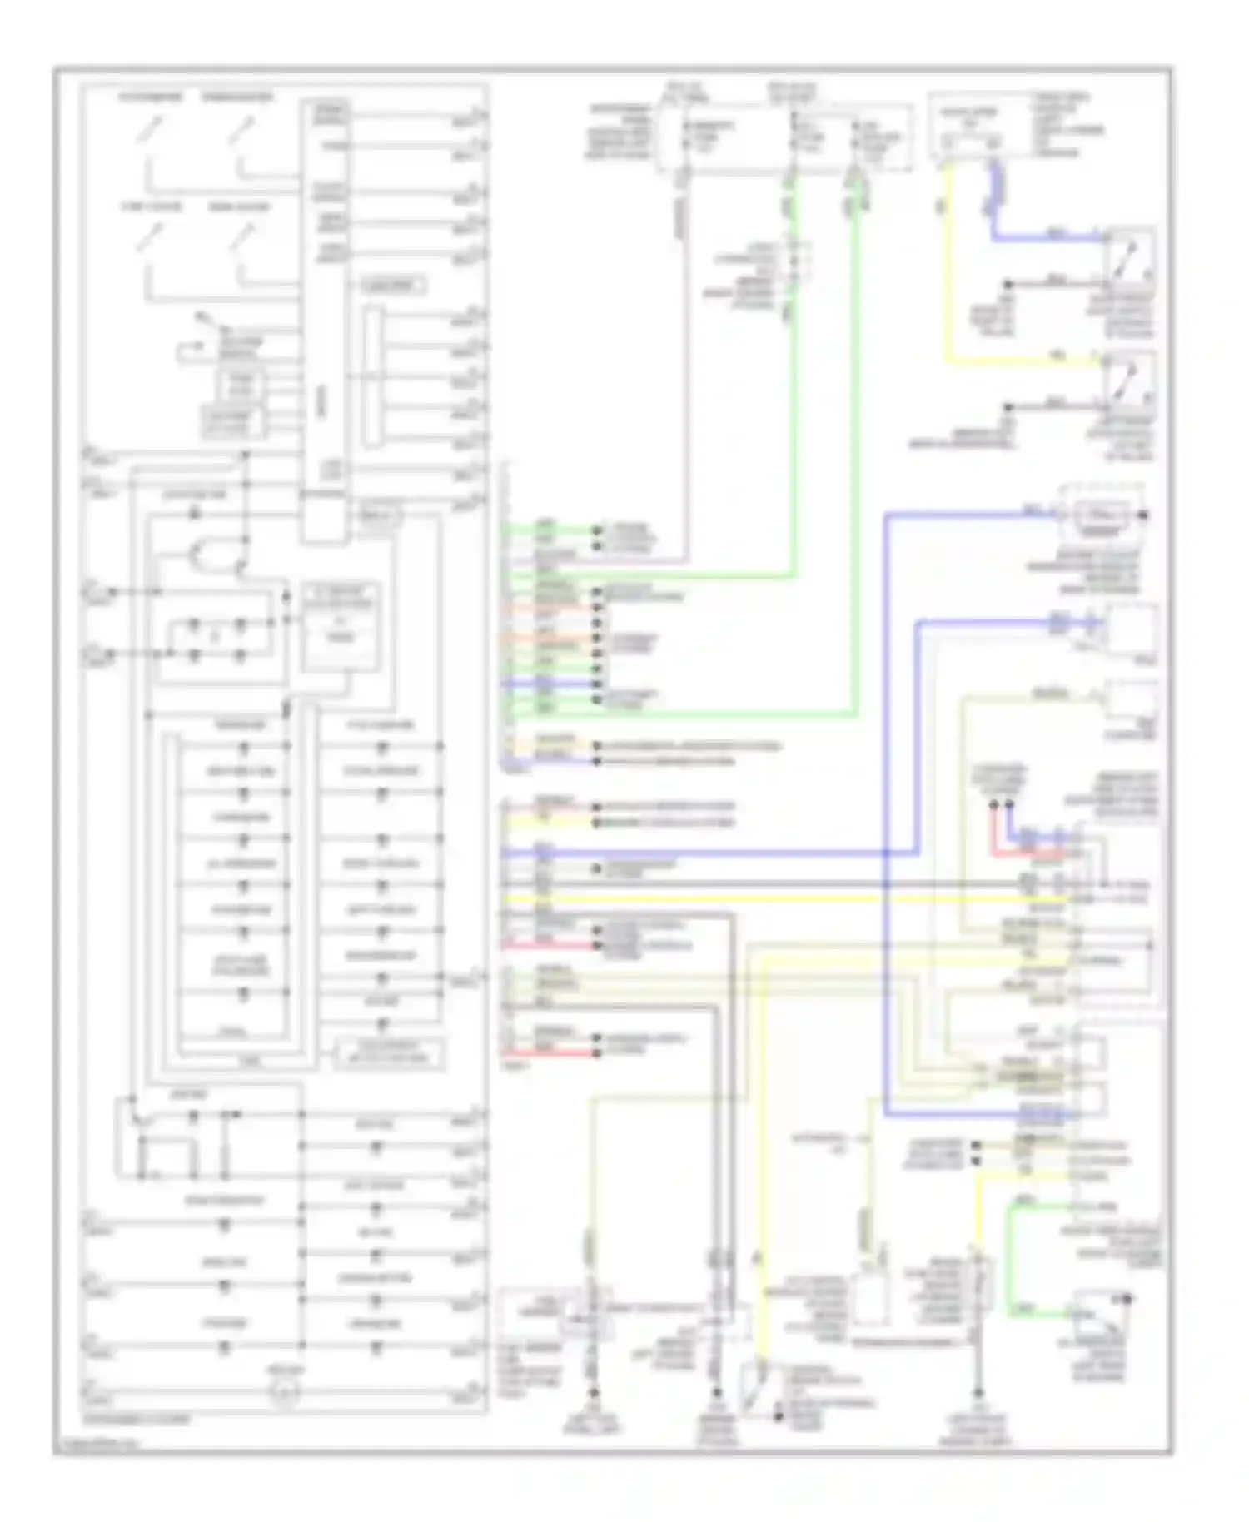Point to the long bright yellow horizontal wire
tap(749, 900)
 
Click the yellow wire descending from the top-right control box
tap(947, 266)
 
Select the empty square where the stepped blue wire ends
tap(1131, 630)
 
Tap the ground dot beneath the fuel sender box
tap(594, 1392)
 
